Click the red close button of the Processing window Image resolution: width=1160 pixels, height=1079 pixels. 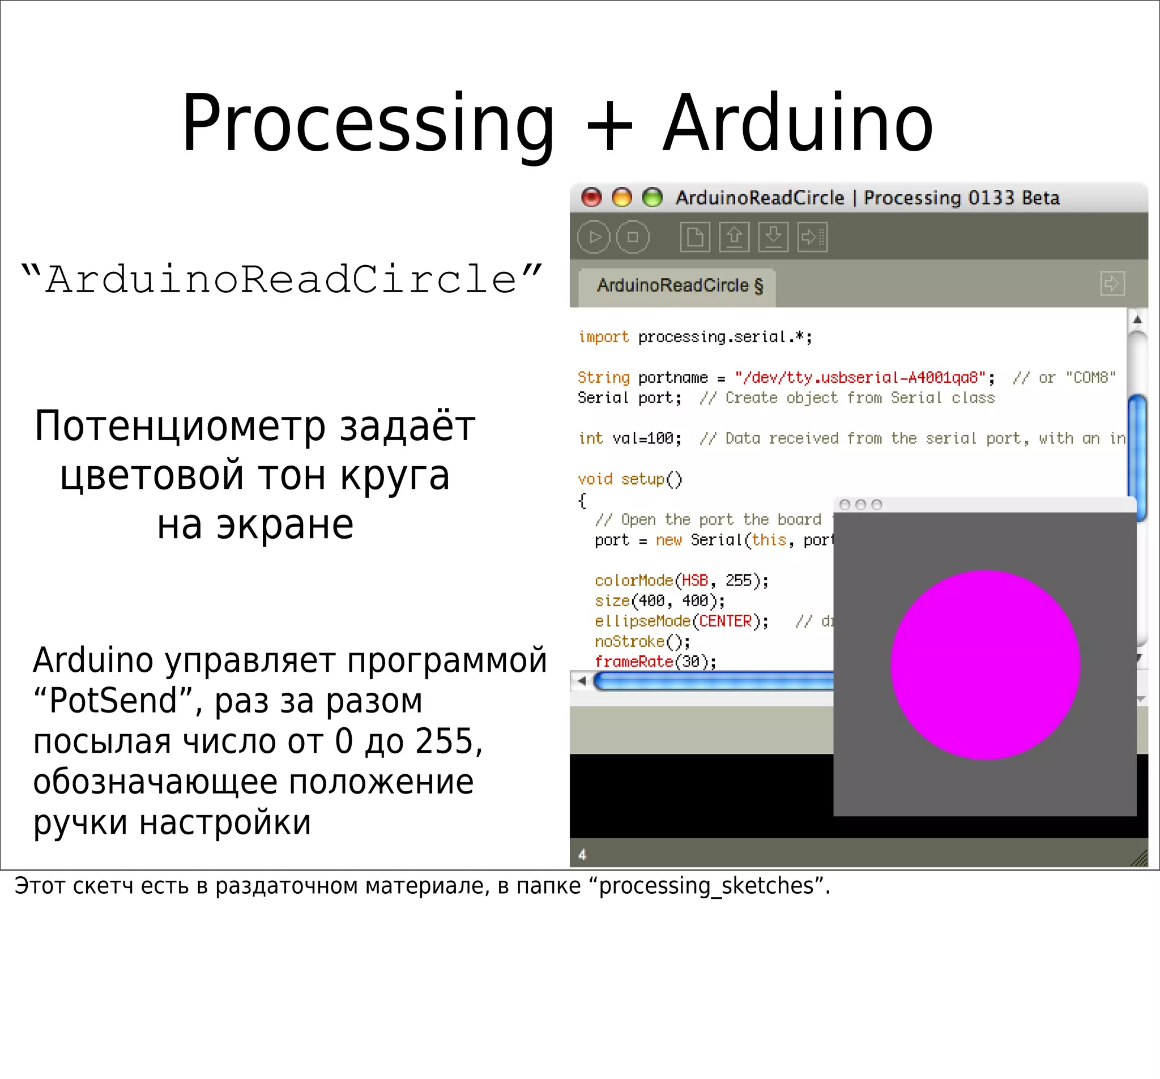pyautogui.click(x=591, y=197)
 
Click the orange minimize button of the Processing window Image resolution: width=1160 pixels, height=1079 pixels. pyautogui.click(x=621, y=197)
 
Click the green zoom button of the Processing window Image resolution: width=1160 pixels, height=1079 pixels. pyautogui.click(x=652, y=197)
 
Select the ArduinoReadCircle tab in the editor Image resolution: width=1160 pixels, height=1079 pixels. pyautogui.click(x=679, y=285)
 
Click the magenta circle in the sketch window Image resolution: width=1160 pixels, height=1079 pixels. pyautogui.click(x=985, y=664)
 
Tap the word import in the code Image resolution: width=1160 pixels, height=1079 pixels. pyautogui.click(x=603, y=336)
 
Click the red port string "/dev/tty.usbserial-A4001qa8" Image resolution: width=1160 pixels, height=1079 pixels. pyautogui.click(x=859, y=378)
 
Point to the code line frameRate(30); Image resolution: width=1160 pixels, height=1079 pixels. pyautogui.click(x=655, y=661)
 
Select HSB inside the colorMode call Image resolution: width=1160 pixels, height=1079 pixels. pyautogui.click(x=694, y=580)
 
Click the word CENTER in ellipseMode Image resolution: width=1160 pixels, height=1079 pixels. pyautogui.click(x=726, y=621)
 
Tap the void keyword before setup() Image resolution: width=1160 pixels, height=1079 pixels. pyautogui.click(x=595, y=479)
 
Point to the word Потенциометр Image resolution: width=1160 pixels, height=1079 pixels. pyautogui.click(x=180, y=426)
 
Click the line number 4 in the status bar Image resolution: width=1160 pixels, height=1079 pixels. pyautogui.click(x=582, y=854)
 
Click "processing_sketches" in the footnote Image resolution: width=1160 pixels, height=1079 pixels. pyautogui.click(x=706, y=886)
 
